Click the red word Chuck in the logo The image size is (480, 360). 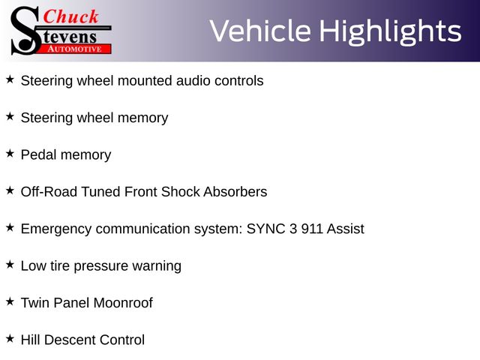coord(70,16)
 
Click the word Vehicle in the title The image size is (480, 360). coord(260,31)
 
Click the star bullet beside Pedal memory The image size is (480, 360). coord(10,153)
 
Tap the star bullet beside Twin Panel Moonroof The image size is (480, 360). coord(10,301)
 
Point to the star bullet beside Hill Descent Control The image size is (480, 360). coord(10,338)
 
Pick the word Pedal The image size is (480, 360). coord(38,155)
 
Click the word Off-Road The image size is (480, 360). coord(49,192)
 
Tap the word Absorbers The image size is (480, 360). coord(235,192)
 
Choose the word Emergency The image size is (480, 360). coord(56,229)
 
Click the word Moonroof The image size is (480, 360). coord(123,303)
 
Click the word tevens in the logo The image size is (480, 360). coord(70,37)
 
